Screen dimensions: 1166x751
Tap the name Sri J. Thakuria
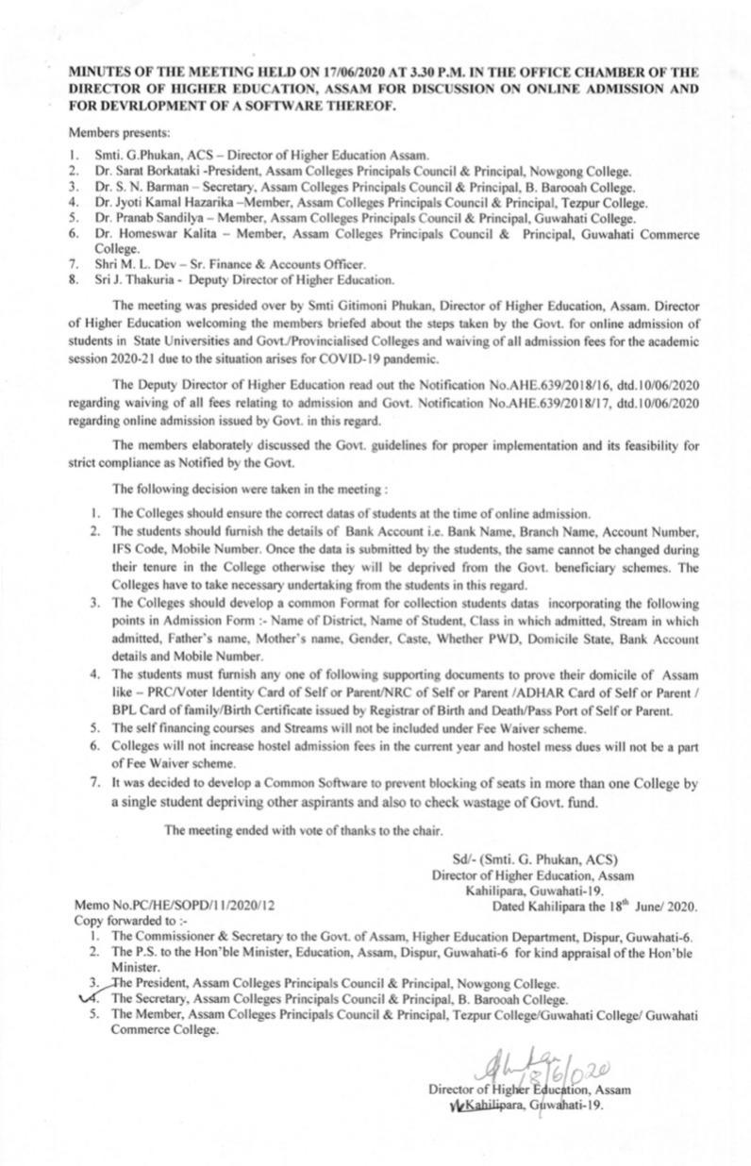tap(132, 279)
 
